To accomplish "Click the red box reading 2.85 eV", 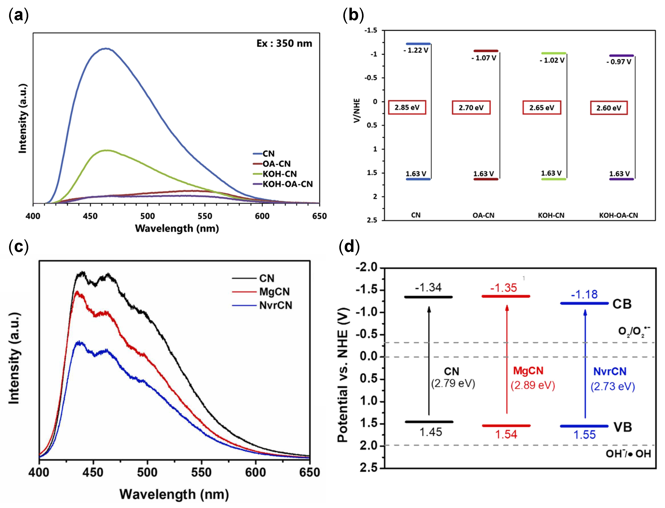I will tap(407, 107).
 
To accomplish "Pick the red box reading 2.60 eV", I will tap(609, 108).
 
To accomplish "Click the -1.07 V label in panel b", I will tap(484, 58).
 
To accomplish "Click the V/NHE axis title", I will tap(357, 110).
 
